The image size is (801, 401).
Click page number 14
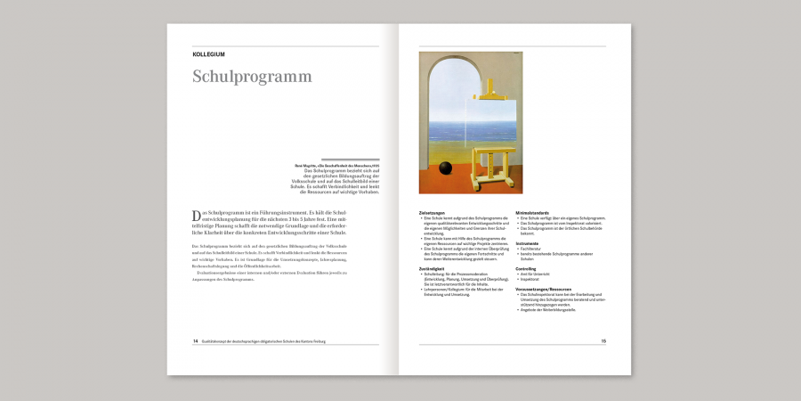pyautogui.click(x=196, y=340)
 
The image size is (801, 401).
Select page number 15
pyautogui.click(x=603, y=340)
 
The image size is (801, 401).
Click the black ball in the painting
pyautogui.click(x=446, y=169)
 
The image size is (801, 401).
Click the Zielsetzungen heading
pyautogui.click(x=432, y=212)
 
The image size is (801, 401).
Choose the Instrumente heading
pyautogui.click(x=527, y=242)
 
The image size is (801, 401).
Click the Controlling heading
pyautogui.click(x=526, y=268)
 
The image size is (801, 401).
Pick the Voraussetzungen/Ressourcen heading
pyautogui.click(x=542, y=289)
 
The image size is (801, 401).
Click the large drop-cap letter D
pyautogui.click(x=197, y=217)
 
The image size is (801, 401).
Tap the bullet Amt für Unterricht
pyautogui.click(x=535, y=274)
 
